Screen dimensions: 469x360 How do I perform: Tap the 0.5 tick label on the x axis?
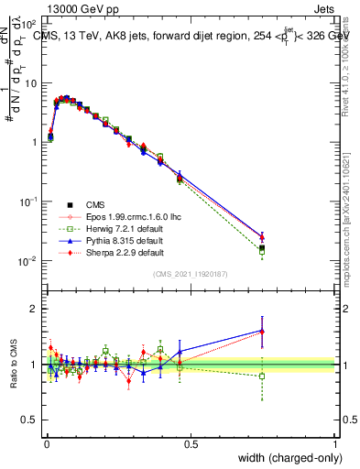(x=191, y=443)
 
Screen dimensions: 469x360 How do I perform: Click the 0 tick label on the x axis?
(x=46, y=443)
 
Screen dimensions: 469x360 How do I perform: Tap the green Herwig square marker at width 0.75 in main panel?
(x=262, y=251)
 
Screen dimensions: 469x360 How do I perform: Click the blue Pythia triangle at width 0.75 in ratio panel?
(x=262, y=331)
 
